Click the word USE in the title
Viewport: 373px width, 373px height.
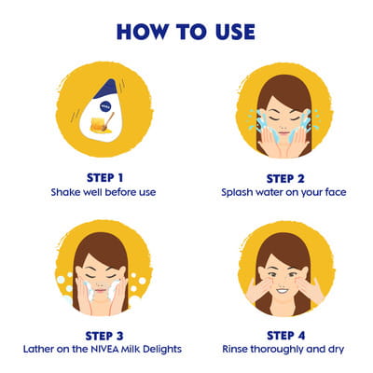(235, 32)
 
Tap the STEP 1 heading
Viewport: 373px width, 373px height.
(105, 178)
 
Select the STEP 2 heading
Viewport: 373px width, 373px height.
(285, 179)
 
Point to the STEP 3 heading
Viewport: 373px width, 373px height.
(104, 336)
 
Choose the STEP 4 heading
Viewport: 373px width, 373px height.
(286, 336)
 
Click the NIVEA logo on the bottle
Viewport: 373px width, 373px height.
(104, 106)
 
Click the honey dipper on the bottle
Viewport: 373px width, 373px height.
(108, 121)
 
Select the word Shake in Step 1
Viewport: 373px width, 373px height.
(62, 192)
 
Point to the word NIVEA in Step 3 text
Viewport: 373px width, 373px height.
(105, 349)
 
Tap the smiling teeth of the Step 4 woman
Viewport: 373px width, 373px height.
(283, 292)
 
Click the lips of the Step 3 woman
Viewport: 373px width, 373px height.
(101, 291)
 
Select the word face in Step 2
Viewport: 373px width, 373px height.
(336, 192)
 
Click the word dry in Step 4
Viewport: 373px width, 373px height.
(336, 350)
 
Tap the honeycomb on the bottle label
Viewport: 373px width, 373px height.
(96, 124)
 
